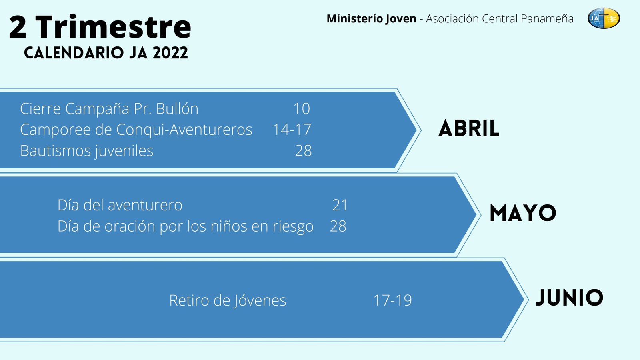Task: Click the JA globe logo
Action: (604, 18)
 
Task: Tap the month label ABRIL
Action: (469, 128)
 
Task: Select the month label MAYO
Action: (523, 213)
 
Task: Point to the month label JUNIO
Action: (570, 298)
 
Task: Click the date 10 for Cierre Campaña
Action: (302, 108)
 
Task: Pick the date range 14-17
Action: (292, 130)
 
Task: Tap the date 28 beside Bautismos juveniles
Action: (304, 150)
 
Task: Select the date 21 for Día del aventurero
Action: (340, 205)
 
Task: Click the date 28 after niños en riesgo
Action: (338, 226)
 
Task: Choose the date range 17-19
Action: (392, 300)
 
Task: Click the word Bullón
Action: (177, 108)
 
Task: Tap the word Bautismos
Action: (56, 150)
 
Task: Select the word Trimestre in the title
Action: (113, 26)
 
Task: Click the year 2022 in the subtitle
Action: (170, 53)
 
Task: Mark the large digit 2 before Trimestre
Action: (18, 26)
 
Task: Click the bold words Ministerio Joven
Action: (372, 18)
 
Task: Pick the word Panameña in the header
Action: (547, 18)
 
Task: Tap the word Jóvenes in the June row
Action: (260, 301)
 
